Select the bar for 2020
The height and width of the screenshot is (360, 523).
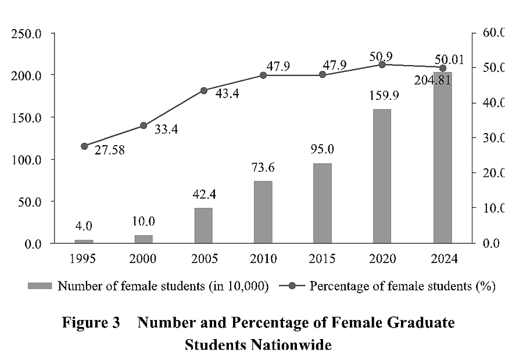coord(382,176)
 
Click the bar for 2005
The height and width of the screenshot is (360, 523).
coord(203,225)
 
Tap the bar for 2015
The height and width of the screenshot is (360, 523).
coord(323,203)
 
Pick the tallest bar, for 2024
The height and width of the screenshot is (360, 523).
coord(442,157)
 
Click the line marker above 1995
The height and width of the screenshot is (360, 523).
coord(84,146)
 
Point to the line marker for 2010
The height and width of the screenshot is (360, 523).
coord(263,75)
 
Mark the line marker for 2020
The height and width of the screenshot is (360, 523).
coord(382,64)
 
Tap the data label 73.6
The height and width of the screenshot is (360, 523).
coord(263,169)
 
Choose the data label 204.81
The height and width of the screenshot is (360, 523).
coord(432,81)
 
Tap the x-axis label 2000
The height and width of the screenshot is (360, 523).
coord(144,259)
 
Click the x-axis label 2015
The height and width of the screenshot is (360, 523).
coord(323,259)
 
